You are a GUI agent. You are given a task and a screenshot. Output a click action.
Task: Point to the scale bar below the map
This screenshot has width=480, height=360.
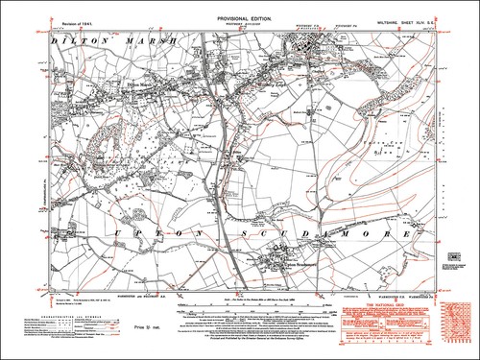pos(240,313)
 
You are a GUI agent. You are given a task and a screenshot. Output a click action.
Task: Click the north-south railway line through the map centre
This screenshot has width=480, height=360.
pos(228,144)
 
